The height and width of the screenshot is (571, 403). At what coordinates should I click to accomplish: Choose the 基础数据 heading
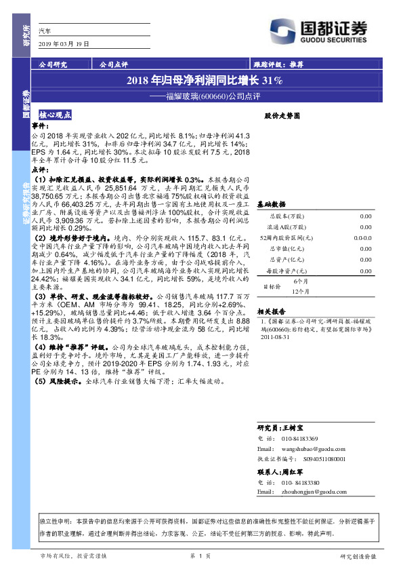click(272, 203)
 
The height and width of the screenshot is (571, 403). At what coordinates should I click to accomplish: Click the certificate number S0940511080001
click(316, 459)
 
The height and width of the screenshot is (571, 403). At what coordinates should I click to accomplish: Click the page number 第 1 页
click(201, 557)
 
